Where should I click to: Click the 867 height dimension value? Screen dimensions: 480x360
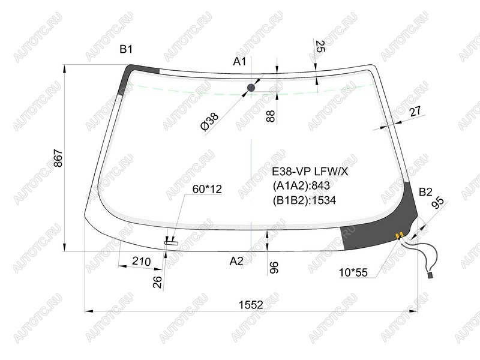pyautogui.click(x=58, y=158)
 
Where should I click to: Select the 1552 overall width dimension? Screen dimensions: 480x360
pyautogui.click(x=251, y=305)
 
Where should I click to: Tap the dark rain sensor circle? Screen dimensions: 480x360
pyautogui.click(x=251, y=88)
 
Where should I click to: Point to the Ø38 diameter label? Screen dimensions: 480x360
pyautogui.click(x=209, y=122)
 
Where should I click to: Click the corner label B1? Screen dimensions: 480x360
pyautogui.click(x=126, y=49)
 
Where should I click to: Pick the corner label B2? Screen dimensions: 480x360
pyautogui.click(x=425, y=192)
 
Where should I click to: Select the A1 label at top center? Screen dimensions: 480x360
pyautogui.click(x=239, y=62)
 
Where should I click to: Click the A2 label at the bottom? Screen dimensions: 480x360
pyautogui.click(x=236, y=261)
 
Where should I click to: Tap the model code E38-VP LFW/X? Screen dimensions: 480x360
pyautogui.click(x=310, y=172)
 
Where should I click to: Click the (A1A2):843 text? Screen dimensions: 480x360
pyautogui.click(x=301, y=186)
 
